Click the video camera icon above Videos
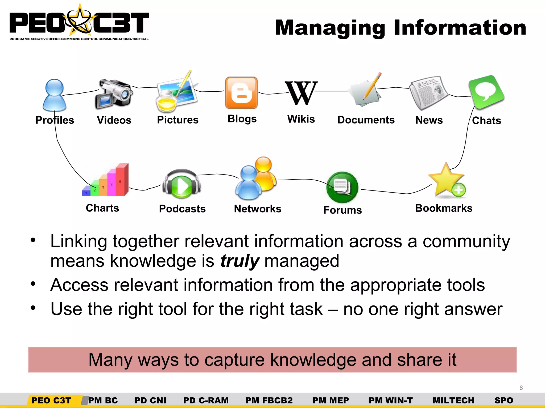pyautogui.click(x=114, y=94)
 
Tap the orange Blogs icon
pyautogui.click(x=241, y=93)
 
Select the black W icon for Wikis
pyautogui.click(x=301, y=93)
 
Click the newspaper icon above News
pyautogui.click(x=428, y=93)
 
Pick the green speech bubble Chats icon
pyautogui.click(x=486, y=92)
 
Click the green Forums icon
pyautogui.click(x=342, y=187)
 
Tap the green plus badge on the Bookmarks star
pyautogui.click(x=459, y=190)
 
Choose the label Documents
pyautogui.click(x=366, y=120)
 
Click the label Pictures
pyautogui.click(x=178, y=120)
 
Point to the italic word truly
pyautogui.click(x=240, y=261)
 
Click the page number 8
pyautogui.click(x=521, y=388)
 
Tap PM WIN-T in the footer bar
pyautogui.click(x=391, y=400)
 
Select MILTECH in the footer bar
pyautogui.click(x=453, y=400)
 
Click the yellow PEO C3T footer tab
pyautogui.click(x=51, y=400)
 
